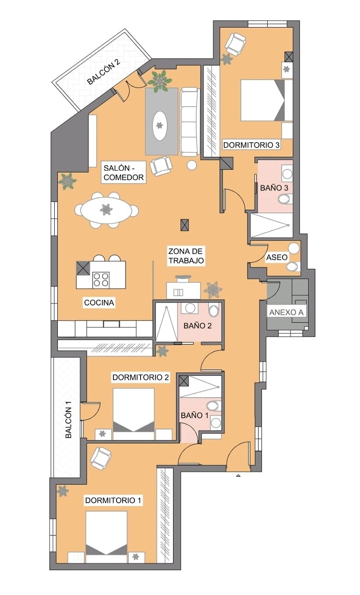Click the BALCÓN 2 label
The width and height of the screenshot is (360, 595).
point(104,71)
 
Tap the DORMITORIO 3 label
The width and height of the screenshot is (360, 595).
point(251,145)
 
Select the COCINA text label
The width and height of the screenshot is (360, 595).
point(99,303)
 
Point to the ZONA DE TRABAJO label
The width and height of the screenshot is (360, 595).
point(186,256)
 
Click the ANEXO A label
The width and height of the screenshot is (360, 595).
point(286,312)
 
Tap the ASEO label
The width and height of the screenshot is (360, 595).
point(277,257)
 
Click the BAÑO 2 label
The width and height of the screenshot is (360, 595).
point(198,326)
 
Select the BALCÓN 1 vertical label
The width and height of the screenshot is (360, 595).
point(68,422)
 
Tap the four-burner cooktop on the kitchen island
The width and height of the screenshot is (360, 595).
point(101,280)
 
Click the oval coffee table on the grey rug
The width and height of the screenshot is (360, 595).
point(160,126)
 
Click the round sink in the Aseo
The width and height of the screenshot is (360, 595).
point(294,249)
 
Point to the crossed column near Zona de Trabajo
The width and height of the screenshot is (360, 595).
point(184,225)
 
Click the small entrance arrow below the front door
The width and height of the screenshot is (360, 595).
point(238,476)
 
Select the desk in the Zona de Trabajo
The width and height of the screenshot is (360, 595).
point(184,291)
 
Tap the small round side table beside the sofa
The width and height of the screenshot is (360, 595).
point(191,165)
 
